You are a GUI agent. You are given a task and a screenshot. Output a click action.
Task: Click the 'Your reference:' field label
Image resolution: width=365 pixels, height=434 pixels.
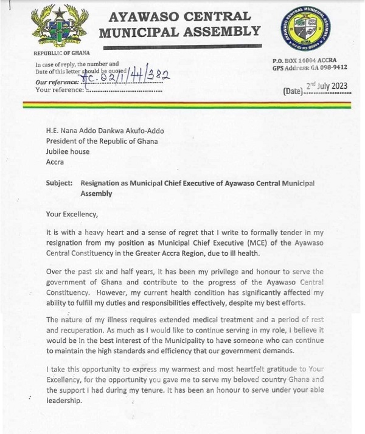[x=60, y=90]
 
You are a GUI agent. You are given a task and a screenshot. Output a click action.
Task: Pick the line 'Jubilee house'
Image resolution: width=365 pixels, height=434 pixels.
[x=68, y=152]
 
